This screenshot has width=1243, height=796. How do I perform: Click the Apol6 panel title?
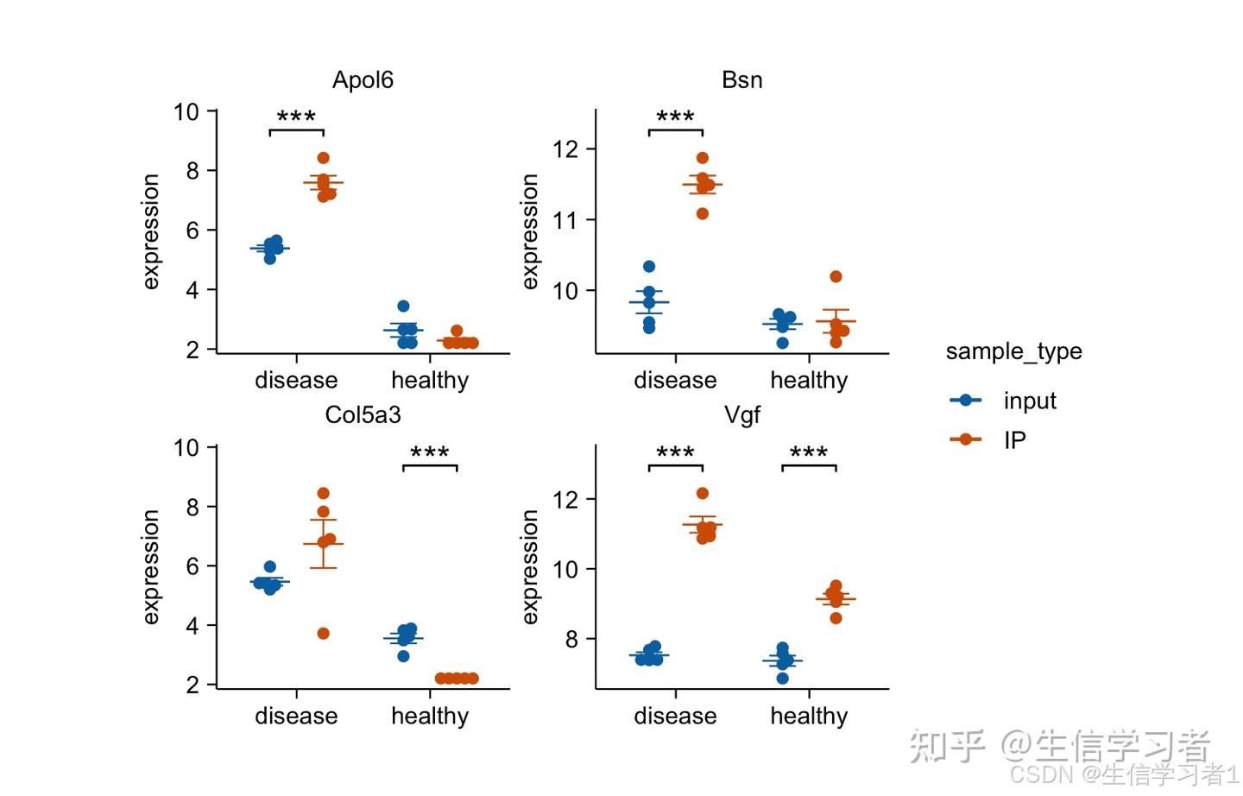pos(363,80)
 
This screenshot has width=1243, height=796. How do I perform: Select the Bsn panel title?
pos(741,80)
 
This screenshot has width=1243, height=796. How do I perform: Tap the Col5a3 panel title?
pos(363,415)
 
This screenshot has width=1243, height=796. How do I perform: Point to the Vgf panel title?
pos(741,415)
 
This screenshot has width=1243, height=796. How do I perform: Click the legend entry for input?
pos(1029,401)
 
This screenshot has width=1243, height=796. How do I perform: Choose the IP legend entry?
pos(1014,440)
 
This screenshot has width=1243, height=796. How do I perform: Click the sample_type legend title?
pos(1013,351)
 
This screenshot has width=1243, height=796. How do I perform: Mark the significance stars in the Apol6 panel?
pos(296,117)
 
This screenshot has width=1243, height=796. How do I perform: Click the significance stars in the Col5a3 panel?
pos(430,453)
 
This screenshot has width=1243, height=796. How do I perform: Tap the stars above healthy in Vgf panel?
pos(809,453)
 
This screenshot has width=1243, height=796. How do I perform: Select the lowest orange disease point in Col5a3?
pos(323,634)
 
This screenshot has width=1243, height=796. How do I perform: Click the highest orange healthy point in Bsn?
pos(836,277)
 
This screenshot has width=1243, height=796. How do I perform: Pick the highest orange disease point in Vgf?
pos(703,494)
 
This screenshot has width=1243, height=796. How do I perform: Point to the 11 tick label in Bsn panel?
pos(565,220)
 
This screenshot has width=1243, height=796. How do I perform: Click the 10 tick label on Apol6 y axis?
pos(186,112)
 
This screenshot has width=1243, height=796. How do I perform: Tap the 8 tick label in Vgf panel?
pos(571,640)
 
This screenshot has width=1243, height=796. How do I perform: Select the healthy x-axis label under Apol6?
pos(430,381)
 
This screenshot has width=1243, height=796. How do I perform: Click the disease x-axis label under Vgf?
pos(675,717)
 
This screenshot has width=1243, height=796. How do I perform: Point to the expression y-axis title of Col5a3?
pos(151,566)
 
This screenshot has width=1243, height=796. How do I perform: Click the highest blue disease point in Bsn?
pos(649,267)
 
